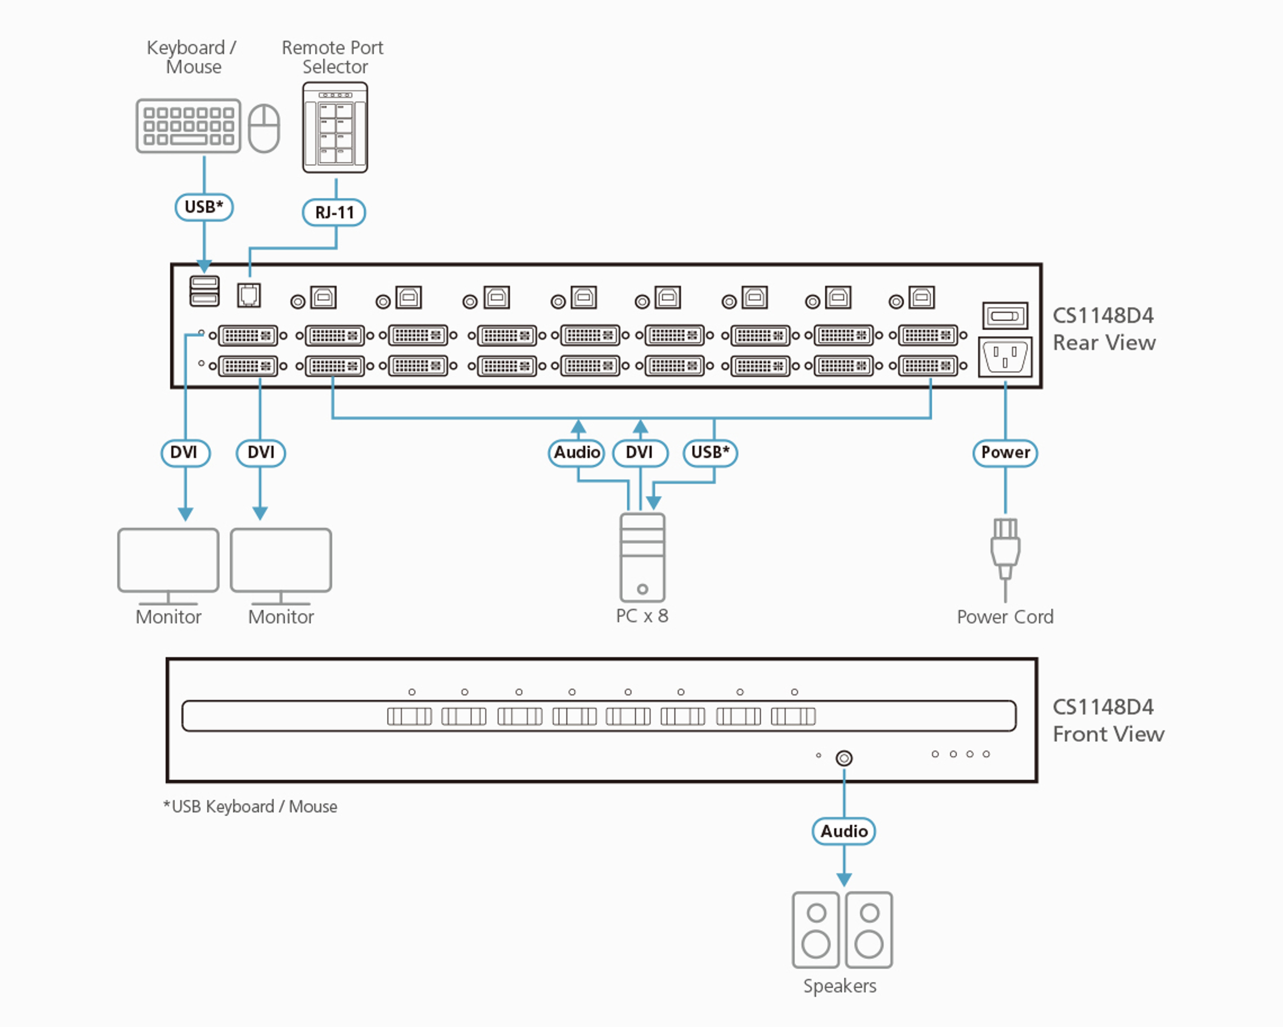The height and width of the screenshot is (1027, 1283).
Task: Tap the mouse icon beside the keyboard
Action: pyautogui.click(x=264, y=129)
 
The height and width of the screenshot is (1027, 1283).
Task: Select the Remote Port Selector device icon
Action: pyautogui.click(x=335, y=127)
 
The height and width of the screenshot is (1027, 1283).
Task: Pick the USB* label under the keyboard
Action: pyautogui.click(x=203, y=207)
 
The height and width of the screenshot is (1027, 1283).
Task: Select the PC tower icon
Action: pyautogui.click(x=642, y=557)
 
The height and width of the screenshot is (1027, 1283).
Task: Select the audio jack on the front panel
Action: pyautogui.click(x=844, y=758)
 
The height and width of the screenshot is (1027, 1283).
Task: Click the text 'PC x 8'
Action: pyautogui.click(x=642, y=616)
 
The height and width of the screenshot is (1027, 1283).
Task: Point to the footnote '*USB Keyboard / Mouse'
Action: pyautogui.click(x=250, y=807)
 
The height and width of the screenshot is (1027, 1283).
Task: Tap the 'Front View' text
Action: pyautogui.click(x=1108, y=734)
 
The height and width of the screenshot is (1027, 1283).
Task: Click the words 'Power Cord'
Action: pyautogui.click(x=1005, y=617)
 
